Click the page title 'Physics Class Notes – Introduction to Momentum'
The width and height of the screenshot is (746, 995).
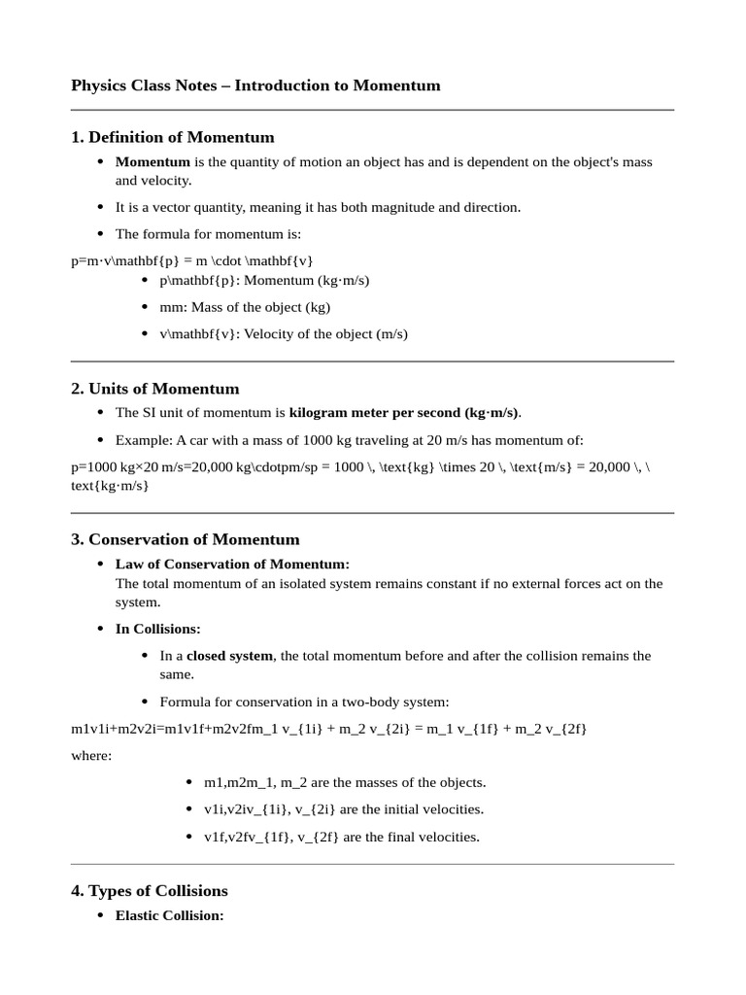255,86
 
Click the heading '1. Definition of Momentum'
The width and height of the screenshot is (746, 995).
173,137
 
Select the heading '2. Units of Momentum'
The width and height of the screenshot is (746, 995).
155,389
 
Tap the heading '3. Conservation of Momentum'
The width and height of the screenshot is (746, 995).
186,539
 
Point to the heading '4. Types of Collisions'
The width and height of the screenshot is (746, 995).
150,890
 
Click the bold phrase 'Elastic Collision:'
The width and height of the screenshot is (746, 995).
170,915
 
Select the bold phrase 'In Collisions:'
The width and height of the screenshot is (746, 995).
158,629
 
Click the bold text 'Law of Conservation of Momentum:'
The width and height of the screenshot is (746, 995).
232,564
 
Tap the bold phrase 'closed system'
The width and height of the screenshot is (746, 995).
230,656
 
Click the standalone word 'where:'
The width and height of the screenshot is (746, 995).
91,756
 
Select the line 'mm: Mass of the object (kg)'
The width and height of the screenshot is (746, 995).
246,307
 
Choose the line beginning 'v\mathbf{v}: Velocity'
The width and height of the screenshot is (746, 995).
284,334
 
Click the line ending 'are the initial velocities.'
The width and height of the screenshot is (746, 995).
343,809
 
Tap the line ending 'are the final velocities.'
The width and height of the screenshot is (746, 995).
341,837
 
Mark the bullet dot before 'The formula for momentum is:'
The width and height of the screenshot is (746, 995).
102,234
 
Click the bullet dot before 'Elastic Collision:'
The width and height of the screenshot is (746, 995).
102,916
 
